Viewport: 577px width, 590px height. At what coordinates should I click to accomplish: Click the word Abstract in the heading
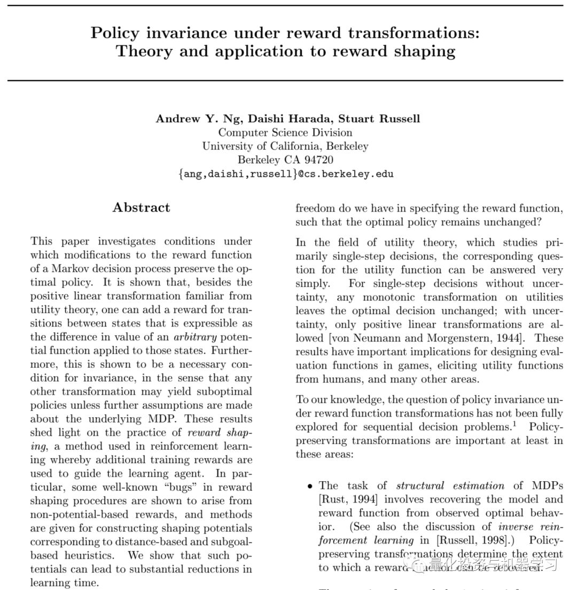coord(141,208)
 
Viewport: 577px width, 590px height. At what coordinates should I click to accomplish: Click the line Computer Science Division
coord(285,132)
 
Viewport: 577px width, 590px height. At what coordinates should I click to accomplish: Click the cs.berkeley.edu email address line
coord(286,174)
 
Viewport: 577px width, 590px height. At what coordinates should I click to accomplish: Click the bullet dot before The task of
coord(309,486)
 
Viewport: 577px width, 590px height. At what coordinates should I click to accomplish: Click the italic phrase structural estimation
coord(450,485)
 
